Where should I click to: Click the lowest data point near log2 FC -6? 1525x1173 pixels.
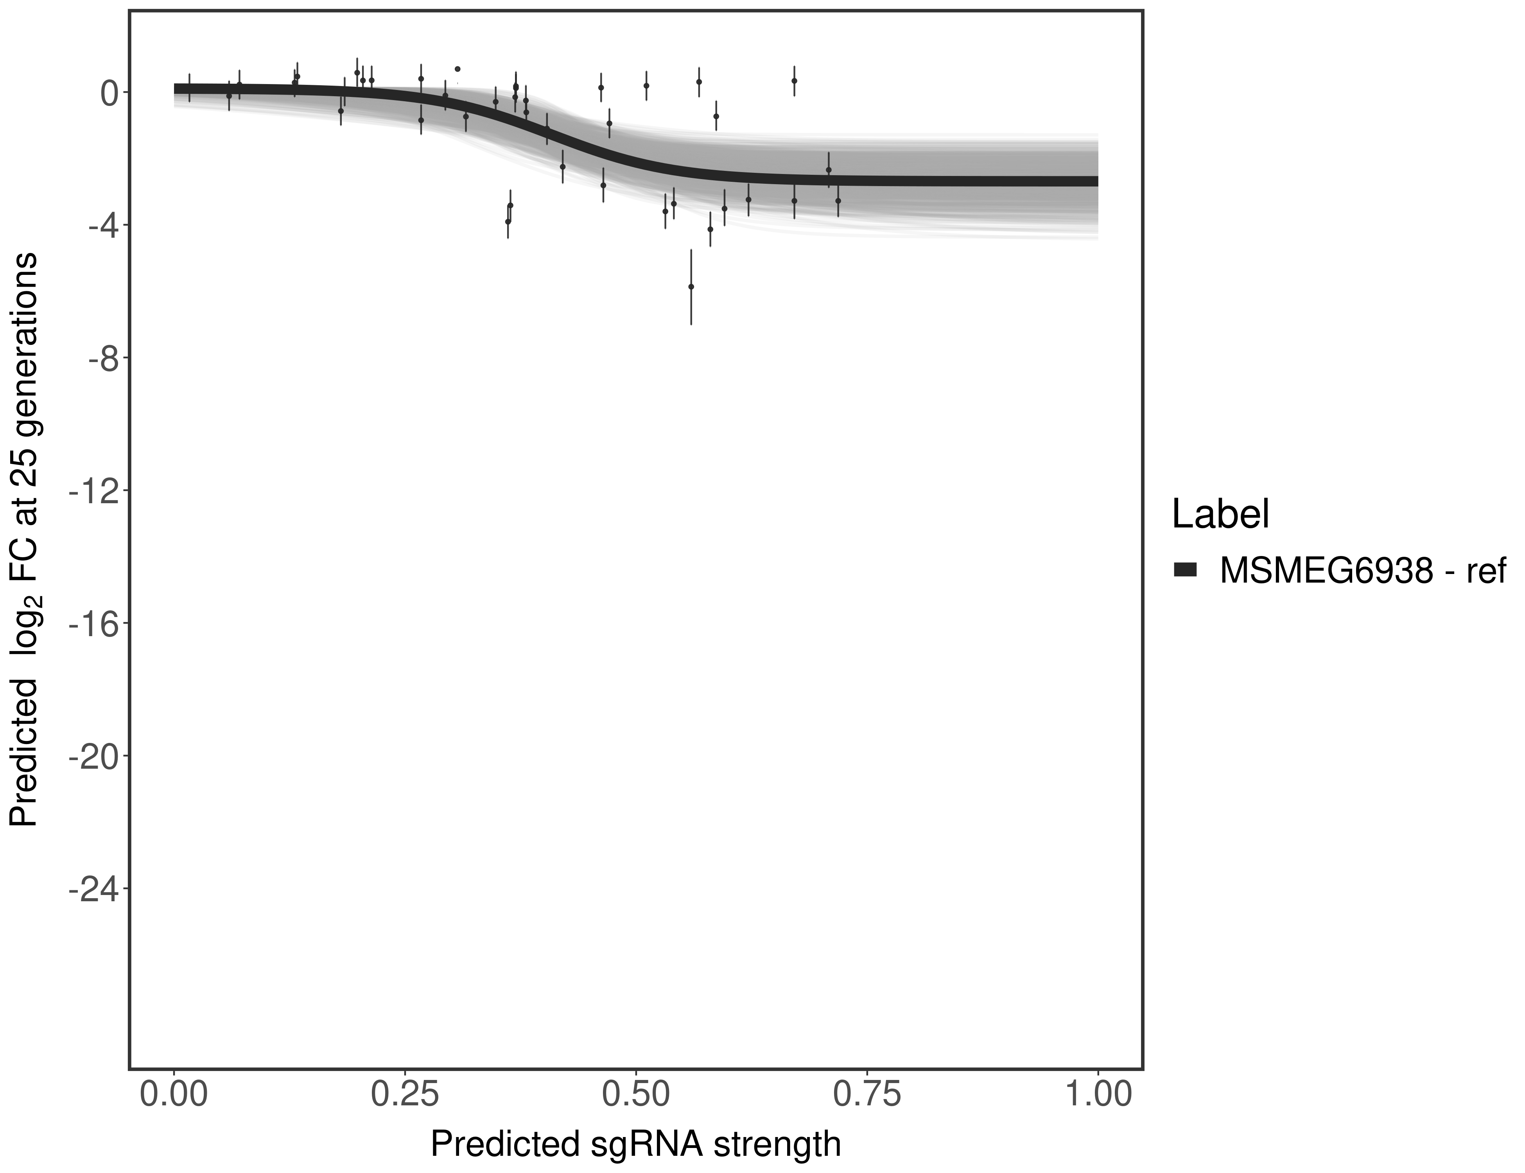[691, 286]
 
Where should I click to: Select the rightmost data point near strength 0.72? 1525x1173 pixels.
[838, 200]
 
